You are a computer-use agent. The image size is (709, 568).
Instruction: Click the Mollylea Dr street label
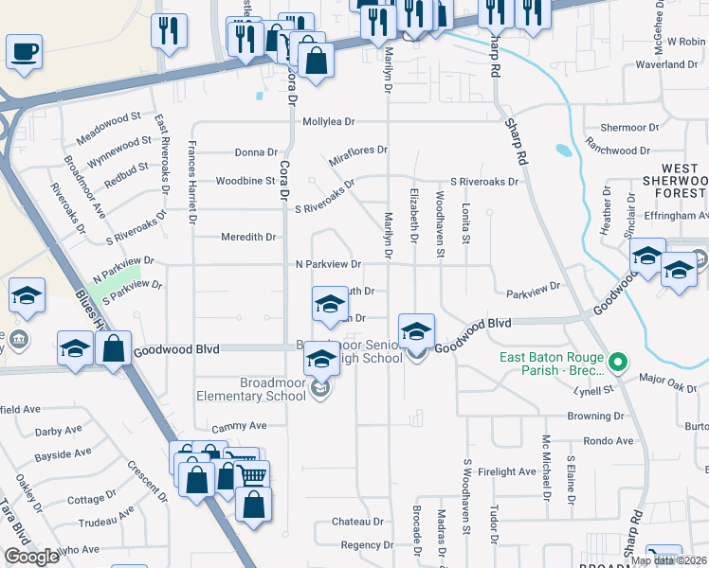328,122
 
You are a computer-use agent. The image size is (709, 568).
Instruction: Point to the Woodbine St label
245,181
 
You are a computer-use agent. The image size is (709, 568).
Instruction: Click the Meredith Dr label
247,238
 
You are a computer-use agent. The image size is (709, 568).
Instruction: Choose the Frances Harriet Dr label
192,181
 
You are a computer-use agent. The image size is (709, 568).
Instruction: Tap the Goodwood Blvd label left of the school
176,350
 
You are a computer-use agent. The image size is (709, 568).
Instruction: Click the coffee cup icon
24,52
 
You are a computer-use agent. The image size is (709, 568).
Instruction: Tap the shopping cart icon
251,474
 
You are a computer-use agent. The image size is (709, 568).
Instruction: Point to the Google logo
31,558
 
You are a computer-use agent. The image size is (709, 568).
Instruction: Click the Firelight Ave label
507,471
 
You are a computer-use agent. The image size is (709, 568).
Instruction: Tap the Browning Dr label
595,416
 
